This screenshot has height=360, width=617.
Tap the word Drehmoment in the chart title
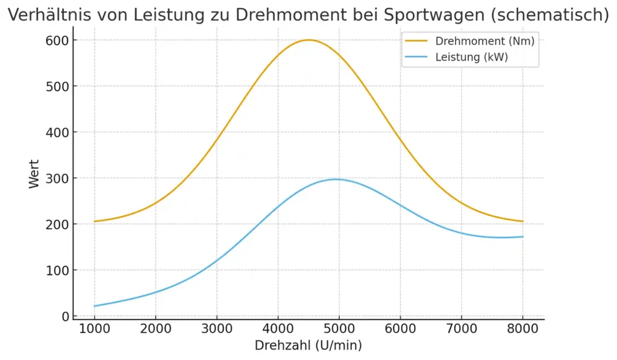(x=283, y=15)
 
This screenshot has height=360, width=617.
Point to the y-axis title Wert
(x=34, y=174)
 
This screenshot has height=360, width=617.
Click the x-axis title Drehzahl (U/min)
(x=308, y=346)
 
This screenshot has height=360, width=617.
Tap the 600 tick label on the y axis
(x=54, y=40)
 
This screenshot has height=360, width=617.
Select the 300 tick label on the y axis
(x=54, y=178)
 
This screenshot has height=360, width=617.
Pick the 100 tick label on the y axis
(x=54, y=270)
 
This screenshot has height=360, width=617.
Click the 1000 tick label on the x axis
(x=94, y=329)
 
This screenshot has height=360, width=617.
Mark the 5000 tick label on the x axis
(x=339, y=329)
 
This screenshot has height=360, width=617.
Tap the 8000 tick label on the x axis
(x=522, y=329)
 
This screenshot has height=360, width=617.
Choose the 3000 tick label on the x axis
(x=216, y=329)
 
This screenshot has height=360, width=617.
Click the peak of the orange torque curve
(x=308, y=40)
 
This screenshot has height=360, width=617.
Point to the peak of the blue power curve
(x=336, y=179)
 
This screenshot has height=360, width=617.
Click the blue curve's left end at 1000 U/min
(x=95, y=306)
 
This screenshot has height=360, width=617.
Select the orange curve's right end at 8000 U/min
(x=522, y=221)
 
